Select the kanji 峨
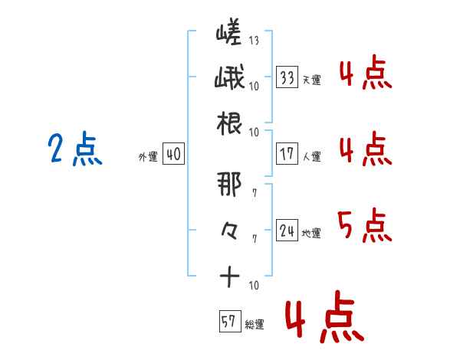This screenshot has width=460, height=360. coord(229,77)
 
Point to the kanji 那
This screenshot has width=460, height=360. coord(229,184)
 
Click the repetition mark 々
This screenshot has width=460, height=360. coord(229,231)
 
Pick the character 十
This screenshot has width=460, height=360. coord(229,277)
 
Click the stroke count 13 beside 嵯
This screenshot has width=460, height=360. coord(254,40)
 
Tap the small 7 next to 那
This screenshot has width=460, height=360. coord(255,193)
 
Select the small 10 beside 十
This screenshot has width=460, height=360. coord(254,285)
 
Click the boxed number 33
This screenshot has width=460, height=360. coord(287,77)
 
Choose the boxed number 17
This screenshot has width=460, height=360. coord(287,153)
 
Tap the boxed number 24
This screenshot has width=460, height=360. coord(287,230)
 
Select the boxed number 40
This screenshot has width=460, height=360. coord(173,153)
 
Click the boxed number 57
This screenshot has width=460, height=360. coord(230,321)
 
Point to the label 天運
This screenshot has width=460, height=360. coord(311,80)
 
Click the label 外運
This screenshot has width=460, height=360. coord(148,156)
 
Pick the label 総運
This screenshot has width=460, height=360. coord(255,324)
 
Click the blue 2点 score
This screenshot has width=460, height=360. coord(75,149)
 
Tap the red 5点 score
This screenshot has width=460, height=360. coord(365,225)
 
